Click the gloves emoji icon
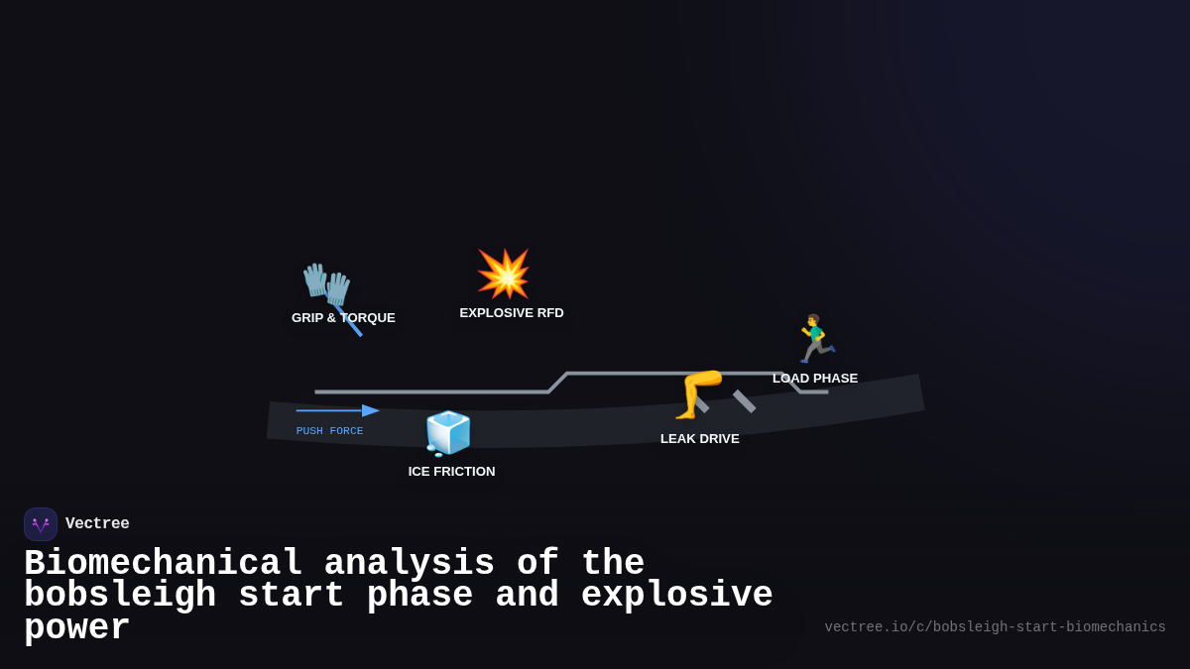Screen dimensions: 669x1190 [327, 284]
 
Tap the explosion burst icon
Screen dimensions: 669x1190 [504, 274]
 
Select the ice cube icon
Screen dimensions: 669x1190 [448, 433]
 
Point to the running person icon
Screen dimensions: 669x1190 [815, 339]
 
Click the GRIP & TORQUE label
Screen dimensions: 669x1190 [343, 318]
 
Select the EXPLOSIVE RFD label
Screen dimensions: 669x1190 [512, 313]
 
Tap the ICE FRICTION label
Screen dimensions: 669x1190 [451, 472]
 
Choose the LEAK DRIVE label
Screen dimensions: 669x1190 [700, 439]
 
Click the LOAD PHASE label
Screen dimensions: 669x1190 [815, 379]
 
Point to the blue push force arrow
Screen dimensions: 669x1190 [337, 410]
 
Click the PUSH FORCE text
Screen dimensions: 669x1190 [329, 431]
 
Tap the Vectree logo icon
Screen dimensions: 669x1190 [41, 524]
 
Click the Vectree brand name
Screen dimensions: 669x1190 [97, 524]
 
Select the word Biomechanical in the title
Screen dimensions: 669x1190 [164, 564]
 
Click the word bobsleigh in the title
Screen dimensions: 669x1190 [120, 596]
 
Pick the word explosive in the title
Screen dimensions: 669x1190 [676, 596]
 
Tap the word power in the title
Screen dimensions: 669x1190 [77, 628]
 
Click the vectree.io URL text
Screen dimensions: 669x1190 [995, 627]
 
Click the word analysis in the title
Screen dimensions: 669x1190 [410, 564]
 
